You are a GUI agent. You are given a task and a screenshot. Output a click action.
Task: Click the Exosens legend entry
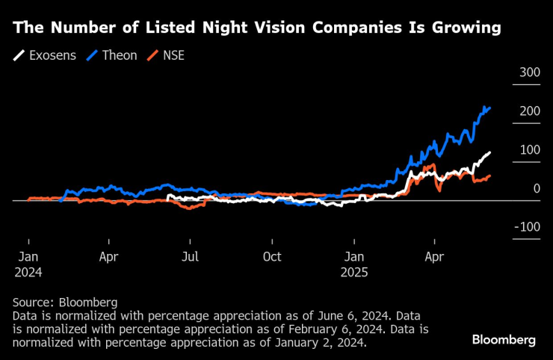pos(45,55)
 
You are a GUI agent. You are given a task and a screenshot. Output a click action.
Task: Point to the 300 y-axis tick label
pos(529,72)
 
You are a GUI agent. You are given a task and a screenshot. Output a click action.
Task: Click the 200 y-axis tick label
pos(529,111)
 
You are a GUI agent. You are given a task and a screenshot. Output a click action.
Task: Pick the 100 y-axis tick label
pos(529,149)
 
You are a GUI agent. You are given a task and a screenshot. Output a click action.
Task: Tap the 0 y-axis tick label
pos(536,188)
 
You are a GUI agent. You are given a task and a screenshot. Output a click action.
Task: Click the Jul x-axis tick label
pos(191,257)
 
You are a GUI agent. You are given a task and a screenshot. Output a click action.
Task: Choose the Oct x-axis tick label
pos(272,257)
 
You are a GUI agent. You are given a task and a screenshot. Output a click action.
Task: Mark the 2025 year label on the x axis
pos(354,273)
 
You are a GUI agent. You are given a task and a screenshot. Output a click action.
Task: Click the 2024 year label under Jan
pos(28,273)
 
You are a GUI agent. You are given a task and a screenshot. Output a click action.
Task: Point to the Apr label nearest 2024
pos(109,257)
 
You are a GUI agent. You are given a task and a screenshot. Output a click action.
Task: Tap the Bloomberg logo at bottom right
pos(504,340)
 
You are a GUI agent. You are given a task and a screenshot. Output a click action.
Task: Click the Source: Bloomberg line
pos(65,302)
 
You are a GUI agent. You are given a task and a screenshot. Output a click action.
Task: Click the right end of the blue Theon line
pos(490,108)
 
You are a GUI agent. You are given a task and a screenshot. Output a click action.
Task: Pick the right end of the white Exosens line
pos(490,152)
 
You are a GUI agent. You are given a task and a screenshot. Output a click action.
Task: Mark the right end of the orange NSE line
pos(490,176)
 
